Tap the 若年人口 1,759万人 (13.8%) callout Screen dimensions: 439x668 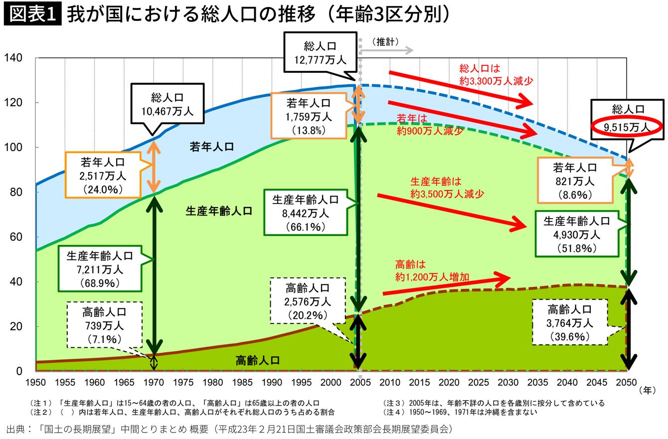click(309, 116)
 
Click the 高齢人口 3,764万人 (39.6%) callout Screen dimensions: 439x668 click(569, 322)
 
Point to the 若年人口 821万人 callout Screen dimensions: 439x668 click(575, 181)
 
